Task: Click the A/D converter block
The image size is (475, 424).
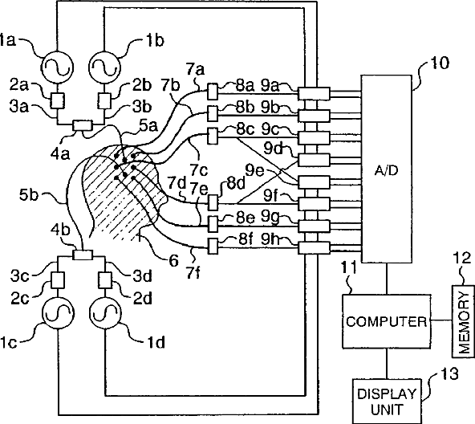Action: [386, 169]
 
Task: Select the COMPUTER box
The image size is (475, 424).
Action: [386, 321]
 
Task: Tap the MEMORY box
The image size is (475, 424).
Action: [463, 321]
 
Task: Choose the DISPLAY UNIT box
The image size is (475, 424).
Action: [387, 401]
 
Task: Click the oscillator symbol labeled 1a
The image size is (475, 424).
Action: [57, 67]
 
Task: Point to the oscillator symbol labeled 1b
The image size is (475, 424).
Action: [104, 67]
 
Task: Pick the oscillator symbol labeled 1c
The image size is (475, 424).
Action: [57, 313]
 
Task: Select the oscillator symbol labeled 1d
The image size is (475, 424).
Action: [105, 313]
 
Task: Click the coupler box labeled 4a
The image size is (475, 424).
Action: [82, 125]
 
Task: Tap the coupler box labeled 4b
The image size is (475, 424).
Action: [83, 254]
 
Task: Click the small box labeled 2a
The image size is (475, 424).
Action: [57, 100]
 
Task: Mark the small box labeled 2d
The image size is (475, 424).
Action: [105, 279]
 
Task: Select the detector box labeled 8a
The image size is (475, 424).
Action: [213, 92]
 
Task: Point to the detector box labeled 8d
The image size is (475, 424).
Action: [213, 202]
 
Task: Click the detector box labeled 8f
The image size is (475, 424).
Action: [213, 246]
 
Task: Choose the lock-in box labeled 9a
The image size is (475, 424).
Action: [314, 93]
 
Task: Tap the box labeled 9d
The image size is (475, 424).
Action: [314, 160]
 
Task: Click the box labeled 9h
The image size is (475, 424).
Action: [314, 248]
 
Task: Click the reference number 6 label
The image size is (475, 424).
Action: [173, 260]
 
